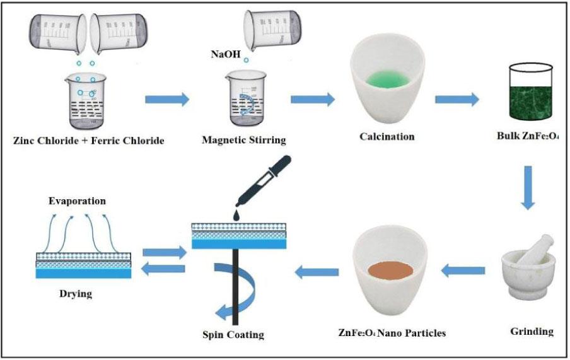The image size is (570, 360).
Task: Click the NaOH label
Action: tap(225, 55)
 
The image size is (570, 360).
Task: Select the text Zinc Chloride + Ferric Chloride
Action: tap(89, 140)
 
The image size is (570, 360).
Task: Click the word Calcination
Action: tap(387, 136)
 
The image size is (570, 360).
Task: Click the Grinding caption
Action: tap(530, 331)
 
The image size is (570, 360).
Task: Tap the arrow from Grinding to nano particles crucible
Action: tap(463, 272)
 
